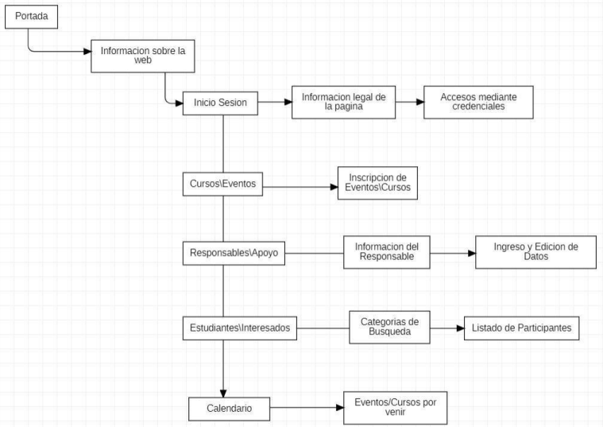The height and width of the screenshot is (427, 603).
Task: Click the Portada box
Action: (x=31, y=17)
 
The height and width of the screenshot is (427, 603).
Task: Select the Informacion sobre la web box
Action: (x=143, y=56)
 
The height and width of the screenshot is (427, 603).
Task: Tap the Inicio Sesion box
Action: (x=220, y=103)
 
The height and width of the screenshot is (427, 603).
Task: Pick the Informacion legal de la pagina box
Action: (x=343, y=103)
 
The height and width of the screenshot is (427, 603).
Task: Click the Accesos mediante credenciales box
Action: (x=478, y=103)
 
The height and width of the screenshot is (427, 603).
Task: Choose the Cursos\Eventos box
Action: (x=222, y=184)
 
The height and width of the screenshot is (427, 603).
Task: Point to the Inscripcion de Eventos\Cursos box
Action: (x=377, y=183)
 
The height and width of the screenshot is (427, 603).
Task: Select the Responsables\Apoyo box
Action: (x=234, y=254)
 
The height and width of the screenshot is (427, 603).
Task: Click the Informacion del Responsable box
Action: (x=386, y=252)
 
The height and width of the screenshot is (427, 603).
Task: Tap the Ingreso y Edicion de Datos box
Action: (x=535, y=252)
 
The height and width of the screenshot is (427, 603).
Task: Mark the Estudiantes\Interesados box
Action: (x=240, y=328)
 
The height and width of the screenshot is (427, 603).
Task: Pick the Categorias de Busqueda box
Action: (x=389, y=328)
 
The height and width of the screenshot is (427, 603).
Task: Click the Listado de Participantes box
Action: (x=521, y=328)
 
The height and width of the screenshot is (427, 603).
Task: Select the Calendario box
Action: (x=229, y=409)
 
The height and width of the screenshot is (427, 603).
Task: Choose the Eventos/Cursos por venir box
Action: (x=396, y=408)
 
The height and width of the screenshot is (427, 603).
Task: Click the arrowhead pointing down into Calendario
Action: (x=223, y=394)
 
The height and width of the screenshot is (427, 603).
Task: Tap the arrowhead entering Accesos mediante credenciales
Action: (x=420, y=102)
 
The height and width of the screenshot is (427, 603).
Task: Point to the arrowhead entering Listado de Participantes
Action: (x=460, y=328)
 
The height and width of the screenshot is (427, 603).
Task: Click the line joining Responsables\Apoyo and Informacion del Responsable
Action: (x=314, y=254)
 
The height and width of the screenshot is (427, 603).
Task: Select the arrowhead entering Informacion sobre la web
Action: (x=87, y=51)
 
